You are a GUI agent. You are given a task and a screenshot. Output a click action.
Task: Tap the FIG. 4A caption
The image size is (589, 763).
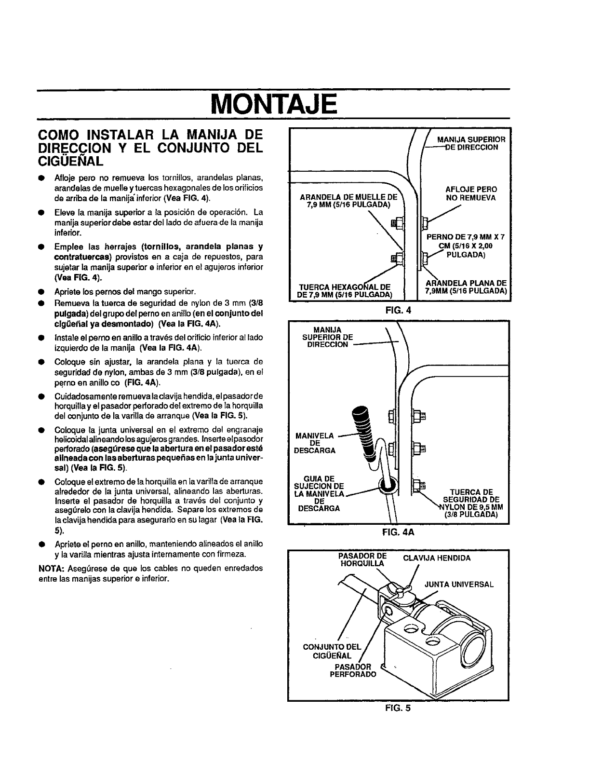click(399, 533)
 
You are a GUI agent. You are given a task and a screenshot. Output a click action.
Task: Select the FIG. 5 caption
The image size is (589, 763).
click(398, 708)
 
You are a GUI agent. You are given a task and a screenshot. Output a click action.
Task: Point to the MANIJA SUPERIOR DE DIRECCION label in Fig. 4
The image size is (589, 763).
click(470, 143)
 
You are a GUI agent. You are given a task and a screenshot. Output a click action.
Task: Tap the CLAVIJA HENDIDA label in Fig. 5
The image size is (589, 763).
click(436, 558)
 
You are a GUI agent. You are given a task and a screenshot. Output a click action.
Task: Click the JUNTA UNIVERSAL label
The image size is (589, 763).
click(459, 584)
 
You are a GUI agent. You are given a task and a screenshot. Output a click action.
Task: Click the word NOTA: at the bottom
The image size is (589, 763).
click(49, 568)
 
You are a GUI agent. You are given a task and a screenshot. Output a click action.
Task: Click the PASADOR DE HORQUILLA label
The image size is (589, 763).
click(362, 560)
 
